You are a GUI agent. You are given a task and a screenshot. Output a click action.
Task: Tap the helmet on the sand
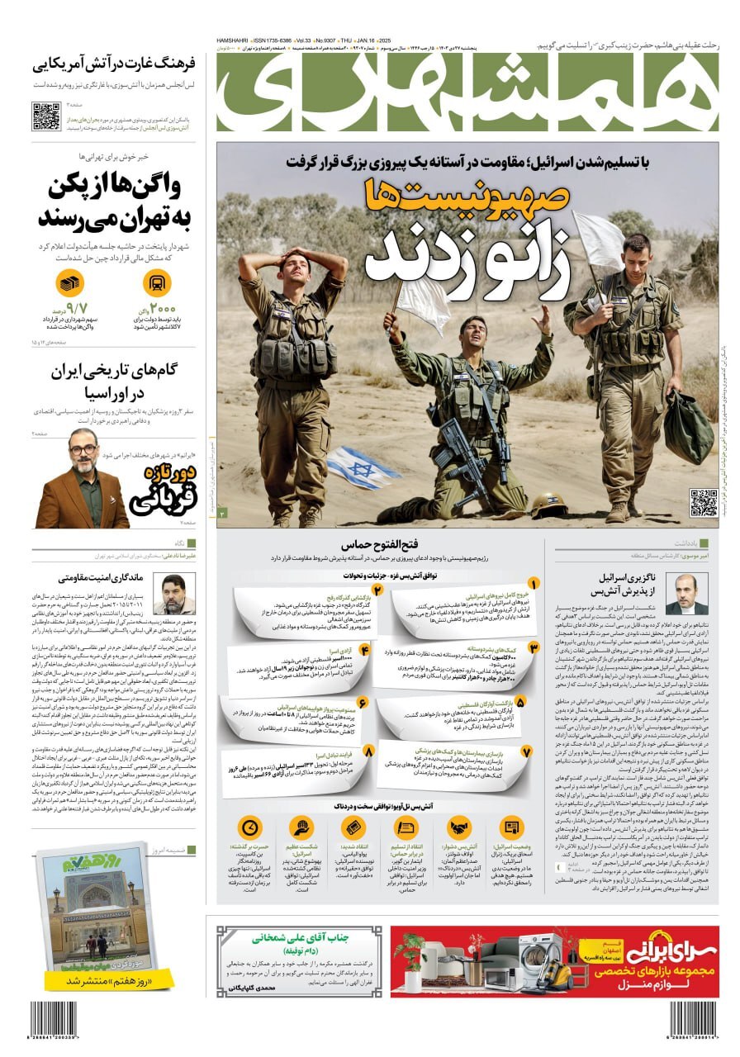click(x=547, y=505)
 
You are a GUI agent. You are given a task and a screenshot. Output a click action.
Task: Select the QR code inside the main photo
click(x=703, y=502)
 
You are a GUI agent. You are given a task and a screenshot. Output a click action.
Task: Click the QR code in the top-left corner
click(x=46, y=116)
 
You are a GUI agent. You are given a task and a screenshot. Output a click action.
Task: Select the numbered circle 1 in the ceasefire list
click(x=534, y=584)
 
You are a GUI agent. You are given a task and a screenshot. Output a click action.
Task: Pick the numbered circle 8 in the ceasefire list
click(x=368, y=751)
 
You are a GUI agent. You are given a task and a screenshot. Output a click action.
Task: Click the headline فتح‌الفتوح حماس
click(x=370, y=545)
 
